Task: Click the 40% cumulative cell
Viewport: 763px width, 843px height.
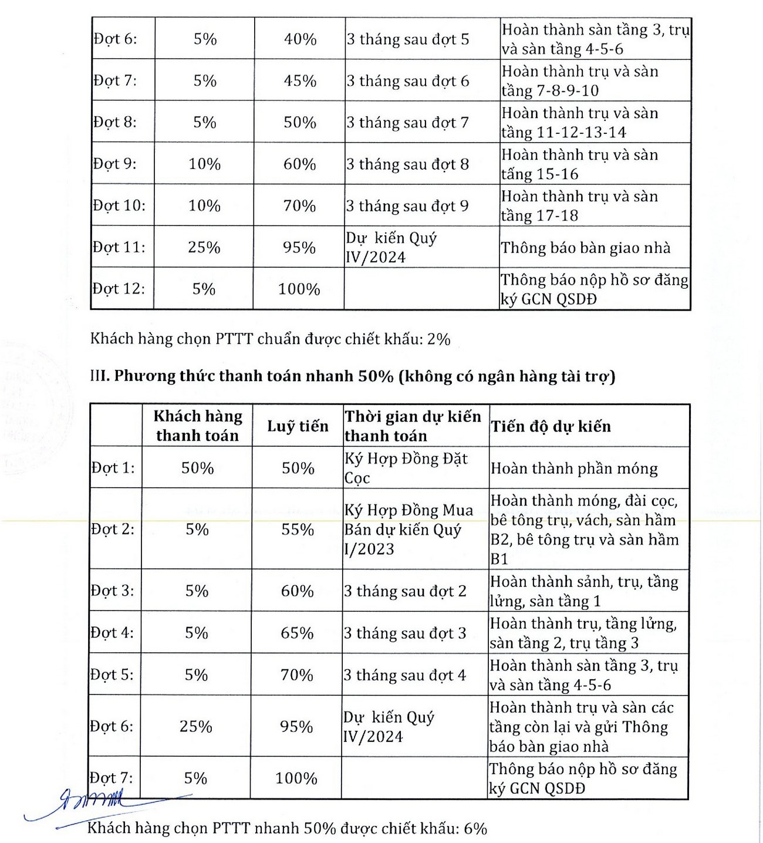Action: tap(300, 39)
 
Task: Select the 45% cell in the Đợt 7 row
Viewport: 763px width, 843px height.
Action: tap(300, 80)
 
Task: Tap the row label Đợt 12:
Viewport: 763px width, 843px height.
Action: tap(119, 289)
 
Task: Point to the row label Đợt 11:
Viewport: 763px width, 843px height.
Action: tap(119, 247)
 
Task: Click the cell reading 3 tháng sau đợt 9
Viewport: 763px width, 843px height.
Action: tap(407, 205)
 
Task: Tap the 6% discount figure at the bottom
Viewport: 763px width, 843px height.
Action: tap(475, 828)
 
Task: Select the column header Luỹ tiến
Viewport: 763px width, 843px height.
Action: tap(298, 426)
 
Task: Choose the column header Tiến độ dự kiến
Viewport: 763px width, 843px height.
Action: tap(551, 426)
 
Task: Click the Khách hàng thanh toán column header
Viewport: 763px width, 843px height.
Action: tap(198, 426)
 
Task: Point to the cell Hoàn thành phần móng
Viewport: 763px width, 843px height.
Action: tap(574, 468)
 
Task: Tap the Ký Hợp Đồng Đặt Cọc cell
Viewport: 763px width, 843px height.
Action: tap(406, 468)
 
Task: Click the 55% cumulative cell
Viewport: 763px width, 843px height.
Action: tap(298, 529)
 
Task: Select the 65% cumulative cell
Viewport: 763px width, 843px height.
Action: tap(297, 633)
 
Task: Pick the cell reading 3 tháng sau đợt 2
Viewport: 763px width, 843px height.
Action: tap(405, 591)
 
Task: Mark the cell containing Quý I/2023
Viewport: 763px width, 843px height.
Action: tap(408, 529)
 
